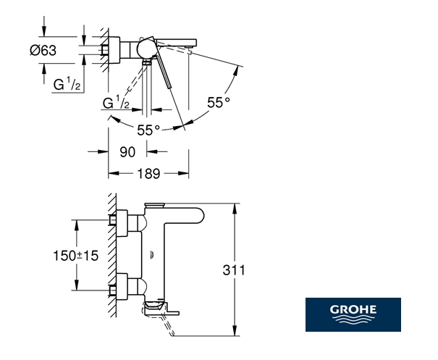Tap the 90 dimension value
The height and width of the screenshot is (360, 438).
127,152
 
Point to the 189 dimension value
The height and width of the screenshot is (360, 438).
148,174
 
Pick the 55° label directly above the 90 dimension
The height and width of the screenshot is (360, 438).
148,130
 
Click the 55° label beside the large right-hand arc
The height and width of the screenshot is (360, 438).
218,103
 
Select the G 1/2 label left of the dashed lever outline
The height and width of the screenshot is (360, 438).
116,104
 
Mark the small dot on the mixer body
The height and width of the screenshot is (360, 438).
152,253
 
